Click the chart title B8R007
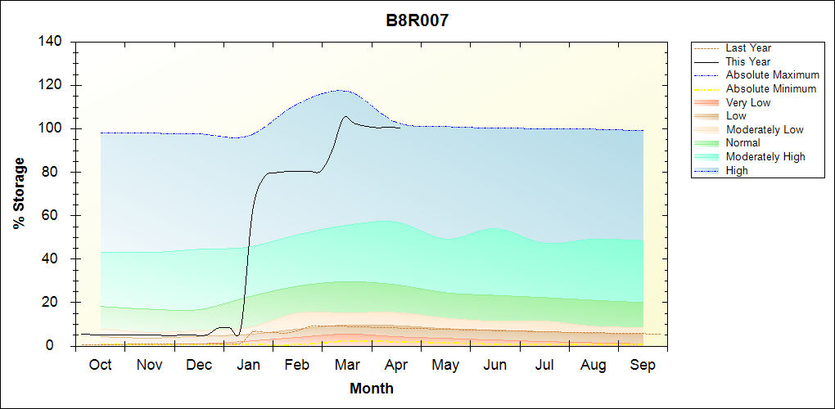[x=417, y=20]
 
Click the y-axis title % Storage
[x=19, y=194]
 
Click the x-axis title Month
[x=372, y=389]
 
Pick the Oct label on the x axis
[x=100, y=365]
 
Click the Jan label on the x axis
[x=249, y=365]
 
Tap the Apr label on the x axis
[x=396, y=365]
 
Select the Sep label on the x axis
[x=643, y=365]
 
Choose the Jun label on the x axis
[x=494, y=365]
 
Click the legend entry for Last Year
[x=748, y=48]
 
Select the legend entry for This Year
[x=748, y=61]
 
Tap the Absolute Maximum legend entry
[x=772, y=75]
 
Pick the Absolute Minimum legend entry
[x=771, y=88]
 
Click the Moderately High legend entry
[x=765, y=156]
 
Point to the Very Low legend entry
[x=748, y=102]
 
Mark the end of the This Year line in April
[x=399, y=128]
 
